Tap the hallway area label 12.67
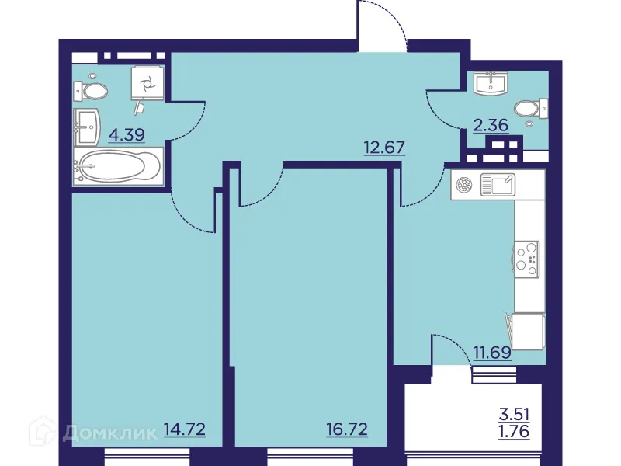coord(385,147)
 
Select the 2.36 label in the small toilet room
coord(491,126)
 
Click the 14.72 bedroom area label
coord(185,428)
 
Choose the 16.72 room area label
coord(346,428)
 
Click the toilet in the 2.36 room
coord(531,107)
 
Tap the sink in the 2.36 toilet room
coord(490,82)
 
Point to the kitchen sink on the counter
coord(497,185)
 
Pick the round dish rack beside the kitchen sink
coord(465,185)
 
